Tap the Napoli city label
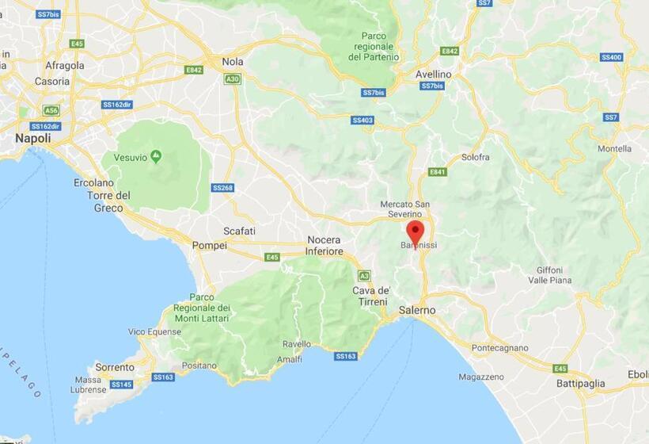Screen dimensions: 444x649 pyautogui.click(x=33, y=138)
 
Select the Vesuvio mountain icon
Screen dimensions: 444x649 pyautogui.click(x=156, y=155)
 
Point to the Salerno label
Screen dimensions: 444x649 pyautogui.click(x=417, y=310)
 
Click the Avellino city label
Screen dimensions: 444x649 pyautogui.click(x=433, y=74)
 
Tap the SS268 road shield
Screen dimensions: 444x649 pyautogui.click(x=222, y=188)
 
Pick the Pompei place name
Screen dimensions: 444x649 pyautogui.click(x=210, y=246)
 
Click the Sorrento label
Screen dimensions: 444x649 pyautogui.click(x=114, y=367)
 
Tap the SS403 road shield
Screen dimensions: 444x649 pyautogui.click(x=362, y=121)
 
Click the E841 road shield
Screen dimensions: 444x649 pyautogui.click(x=438, y=171)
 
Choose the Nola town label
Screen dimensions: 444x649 pyautogui.click(x=233, y=61)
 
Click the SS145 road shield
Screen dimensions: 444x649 pyautogui.click(x=121, y=385)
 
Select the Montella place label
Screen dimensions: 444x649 pyautogui.click(x=615, y=148)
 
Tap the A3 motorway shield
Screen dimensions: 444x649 pyautogui.click(x=364, y=275)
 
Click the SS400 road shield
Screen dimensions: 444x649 pyautogui.click(x=611, y=57)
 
